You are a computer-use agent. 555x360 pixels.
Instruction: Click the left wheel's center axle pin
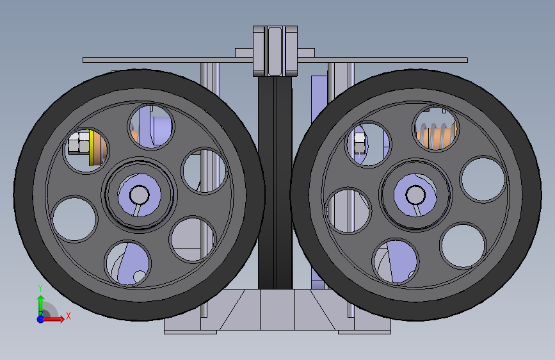tap(139, 195)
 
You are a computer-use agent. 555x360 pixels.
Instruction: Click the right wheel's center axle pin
tap(415, 195)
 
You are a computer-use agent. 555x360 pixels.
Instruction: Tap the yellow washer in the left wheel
tap(92, 148)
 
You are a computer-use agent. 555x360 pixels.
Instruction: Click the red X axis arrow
tap(53, 319)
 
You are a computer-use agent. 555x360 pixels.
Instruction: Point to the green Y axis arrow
tap(41, 305)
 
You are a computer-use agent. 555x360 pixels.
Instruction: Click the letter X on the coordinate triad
tap(68, 316)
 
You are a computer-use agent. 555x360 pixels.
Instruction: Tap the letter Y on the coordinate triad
tap(40, 288)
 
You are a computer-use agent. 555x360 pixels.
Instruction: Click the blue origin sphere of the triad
tap(41, 319)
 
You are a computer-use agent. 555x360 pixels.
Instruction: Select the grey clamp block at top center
tap(275, 51)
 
